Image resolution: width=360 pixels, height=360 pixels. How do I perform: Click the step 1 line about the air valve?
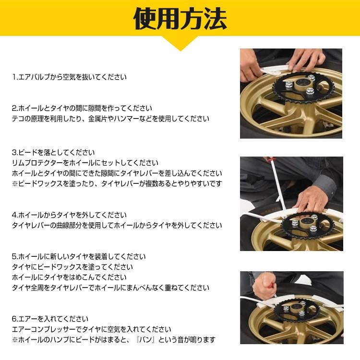click(x=70, y=77)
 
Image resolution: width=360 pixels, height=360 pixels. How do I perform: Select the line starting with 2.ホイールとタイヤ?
click(x=82, y=108)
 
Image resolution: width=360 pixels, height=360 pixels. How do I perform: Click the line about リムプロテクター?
click(x=85, y=163)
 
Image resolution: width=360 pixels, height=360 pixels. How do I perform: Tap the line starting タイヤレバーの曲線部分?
click(x=117, y=225)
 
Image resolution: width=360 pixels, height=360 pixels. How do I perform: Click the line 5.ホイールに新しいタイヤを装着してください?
click(x=79, y=257)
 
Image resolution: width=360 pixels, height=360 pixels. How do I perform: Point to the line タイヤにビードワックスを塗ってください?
click(x=72, y=267)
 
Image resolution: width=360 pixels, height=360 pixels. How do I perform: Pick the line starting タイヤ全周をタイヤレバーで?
click(x=110, y=288)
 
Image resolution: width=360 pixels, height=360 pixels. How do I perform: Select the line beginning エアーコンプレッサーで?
click(x=91, y=330)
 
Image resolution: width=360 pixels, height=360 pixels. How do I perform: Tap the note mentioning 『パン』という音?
click(x=113, y=340)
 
